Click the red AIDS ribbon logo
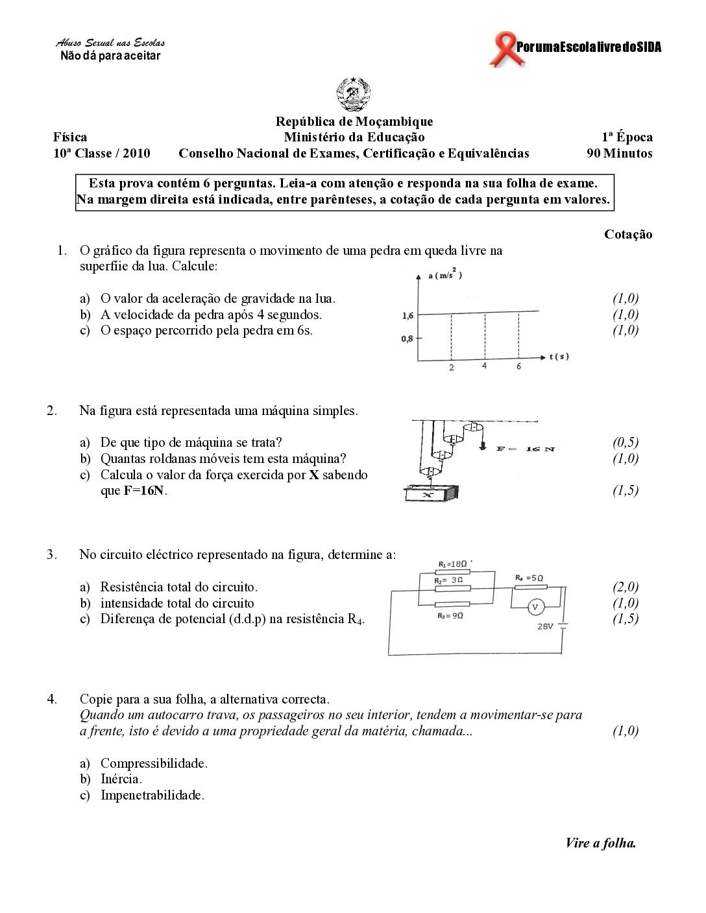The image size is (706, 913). pos(501,49)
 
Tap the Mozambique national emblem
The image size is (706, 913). pos(354,95)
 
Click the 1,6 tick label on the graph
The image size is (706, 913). pos(408,316)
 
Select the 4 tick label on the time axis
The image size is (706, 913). pos(484,366)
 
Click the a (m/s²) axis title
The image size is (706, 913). pos(445,276)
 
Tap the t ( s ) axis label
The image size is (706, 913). pos(559,356)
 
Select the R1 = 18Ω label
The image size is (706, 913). pos(452,563)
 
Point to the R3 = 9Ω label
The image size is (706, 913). pos(450,615)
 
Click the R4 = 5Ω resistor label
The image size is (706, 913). pos(529,577)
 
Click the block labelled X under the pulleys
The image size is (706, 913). pos(428,494)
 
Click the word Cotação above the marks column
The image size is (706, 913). pos(628,235)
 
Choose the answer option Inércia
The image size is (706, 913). pos(121,779)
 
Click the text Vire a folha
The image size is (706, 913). pos(600,843)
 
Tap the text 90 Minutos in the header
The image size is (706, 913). pos(619,154)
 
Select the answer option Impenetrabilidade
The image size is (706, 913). pos(152,796)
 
